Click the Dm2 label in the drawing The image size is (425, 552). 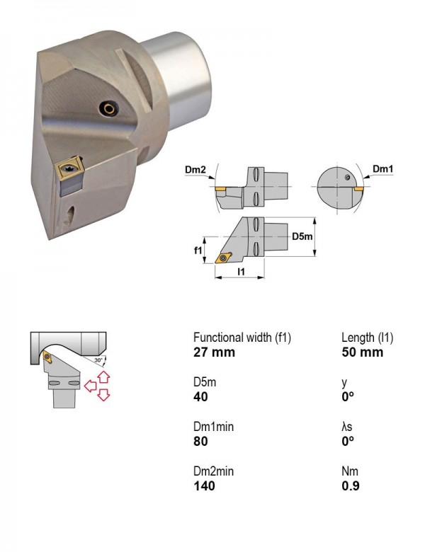pyautogui.click(x=195, y=170)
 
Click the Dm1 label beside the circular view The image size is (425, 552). pyautogui.click(x=382, y=169)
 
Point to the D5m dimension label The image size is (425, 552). pyautogui.click(x=302, y=236)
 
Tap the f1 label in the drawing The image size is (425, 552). pyautogui.click(x=198, y=251)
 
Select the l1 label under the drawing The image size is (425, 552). pyautogui.click(x=241, y=272)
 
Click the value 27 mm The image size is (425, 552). pyautogui.click(x=214, y=352)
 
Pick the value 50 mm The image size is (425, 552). pyautogui.click(x=362, y=352)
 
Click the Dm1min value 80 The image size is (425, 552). pyautogui.click(x=200, y=441)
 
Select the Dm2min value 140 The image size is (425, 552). pyautogui.click(x=204, y=485)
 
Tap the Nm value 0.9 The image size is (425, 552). pyautogui.click(x=351, y=485)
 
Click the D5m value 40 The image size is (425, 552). pyautogui.click(x=200, y=397)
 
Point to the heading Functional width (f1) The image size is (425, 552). pyautogui.click(x=242, y=338)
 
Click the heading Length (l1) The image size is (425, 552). pyautogui.click(x=367, y=338)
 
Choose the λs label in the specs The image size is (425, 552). pyautogui.click(x=347, y=427)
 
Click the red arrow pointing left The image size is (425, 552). pyautogui.click(x=91, y=386)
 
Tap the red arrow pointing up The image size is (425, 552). pyautogui.click(x=103, y=376)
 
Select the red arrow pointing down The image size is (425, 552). pyautogui.click(x=103, y=395)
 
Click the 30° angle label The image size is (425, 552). pyautogui.click(x=98, y=360)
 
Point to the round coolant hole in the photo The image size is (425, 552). pyautogui.click(x=108, y=108)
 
